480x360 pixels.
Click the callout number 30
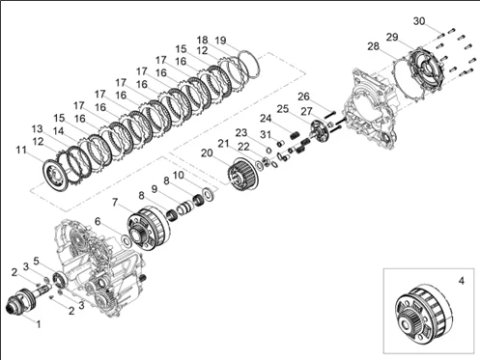point(419,21)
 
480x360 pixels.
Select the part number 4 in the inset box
point(462,281)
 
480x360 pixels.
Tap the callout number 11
point(21,150)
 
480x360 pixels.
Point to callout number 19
point(220,41)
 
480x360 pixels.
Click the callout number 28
point(374,46)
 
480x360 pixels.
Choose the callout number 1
point(39,324)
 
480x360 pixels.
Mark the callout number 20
point(207,153)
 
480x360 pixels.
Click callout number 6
point(98,221)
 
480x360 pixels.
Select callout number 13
point(38,129)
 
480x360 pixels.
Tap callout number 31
point(266,134)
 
